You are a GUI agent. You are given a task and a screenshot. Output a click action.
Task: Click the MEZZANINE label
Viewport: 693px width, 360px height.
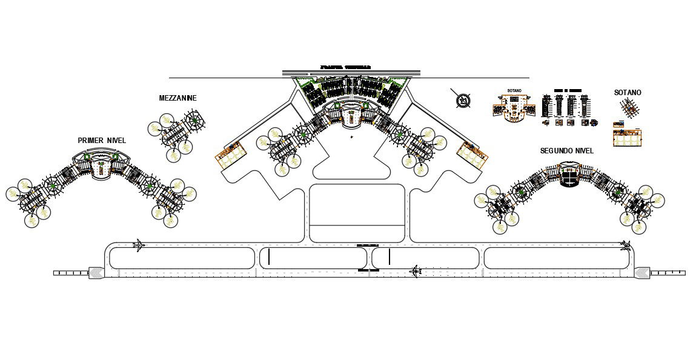pyautogui.click(x=177, y=98)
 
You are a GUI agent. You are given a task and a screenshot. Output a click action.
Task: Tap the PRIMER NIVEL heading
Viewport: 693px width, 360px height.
pyautogui.click(x=102, y=141)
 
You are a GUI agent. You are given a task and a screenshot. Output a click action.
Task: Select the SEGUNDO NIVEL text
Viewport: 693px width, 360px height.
pyautogui.click(x=566, y=151)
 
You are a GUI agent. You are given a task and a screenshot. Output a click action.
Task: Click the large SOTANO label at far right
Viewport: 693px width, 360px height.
pyautogui.click(x=627, y=93)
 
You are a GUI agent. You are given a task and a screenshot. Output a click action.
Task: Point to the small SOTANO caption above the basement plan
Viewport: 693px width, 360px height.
pyautogui.click(x=514, y=91)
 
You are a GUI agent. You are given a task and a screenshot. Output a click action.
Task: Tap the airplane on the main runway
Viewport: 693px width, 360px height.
pyautogui.click(x=416, y=270)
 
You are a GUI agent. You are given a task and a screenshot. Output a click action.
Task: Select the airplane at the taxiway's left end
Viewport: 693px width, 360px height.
pyautogui.click(x=139, y=245)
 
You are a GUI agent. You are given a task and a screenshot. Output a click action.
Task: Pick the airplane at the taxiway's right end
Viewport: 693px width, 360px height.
pyautogui.click(x=626, y=245)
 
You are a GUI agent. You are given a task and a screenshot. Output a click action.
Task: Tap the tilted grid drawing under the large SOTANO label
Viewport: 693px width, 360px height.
pyautogui.click(x=630, y=108)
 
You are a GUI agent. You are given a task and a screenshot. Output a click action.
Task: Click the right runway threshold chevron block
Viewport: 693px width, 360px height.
pyautogui.click(x=642, y=273)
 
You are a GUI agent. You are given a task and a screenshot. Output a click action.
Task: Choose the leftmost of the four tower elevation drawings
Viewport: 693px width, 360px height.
pyautogui.click(x=547, y=107)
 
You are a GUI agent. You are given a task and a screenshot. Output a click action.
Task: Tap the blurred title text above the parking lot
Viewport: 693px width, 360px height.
pyautogui.click(x=345, y=67)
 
